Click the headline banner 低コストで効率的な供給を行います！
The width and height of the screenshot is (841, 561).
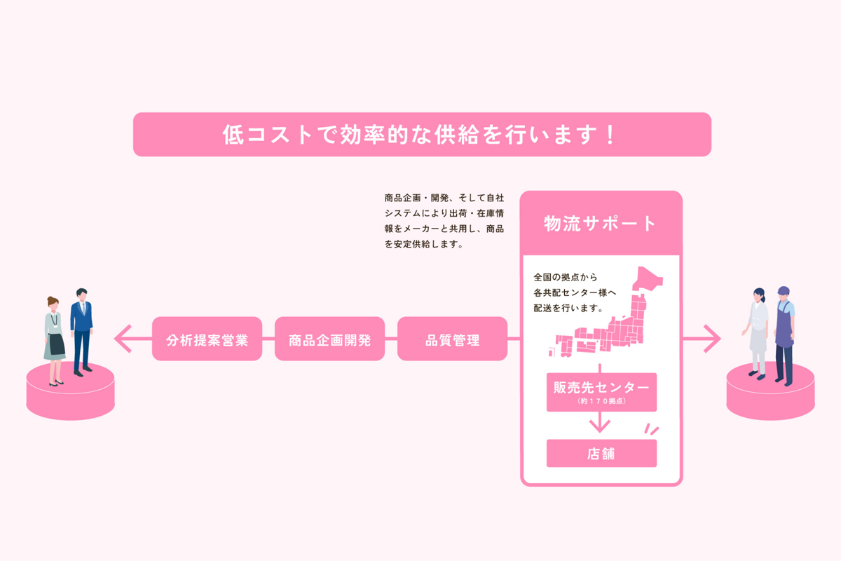(x=422, y=135)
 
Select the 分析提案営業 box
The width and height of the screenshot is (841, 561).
(x=207, y=339)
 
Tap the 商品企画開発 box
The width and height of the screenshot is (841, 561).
(x=329, y=339)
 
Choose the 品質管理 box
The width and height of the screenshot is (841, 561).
(x=452, y=339)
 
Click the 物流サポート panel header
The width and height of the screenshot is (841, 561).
(x=601, y=224)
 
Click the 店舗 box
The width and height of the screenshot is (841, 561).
(x=601, y=453)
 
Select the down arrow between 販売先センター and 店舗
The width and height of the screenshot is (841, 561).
(x=600, y=424)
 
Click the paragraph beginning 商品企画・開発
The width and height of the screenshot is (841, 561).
(x=444, y=221)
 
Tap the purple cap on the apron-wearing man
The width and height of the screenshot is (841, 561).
(x=783, y=290)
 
